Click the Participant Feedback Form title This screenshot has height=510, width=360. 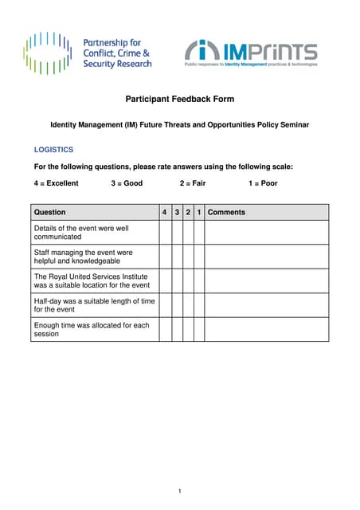(x=180, y=100)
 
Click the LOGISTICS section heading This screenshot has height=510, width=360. (x=53, y=149)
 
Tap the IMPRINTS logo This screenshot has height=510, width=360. (x=251, y=53)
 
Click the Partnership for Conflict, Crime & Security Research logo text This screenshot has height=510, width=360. (x=117, y=53)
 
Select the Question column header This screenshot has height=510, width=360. (x=50, y=213)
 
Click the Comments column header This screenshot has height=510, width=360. (x=226, y=213)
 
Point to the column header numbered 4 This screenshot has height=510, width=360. (x=165, y=213)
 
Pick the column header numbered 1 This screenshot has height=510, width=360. (x=199, y=213)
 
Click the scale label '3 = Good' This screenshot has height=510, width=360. (x=127, y=183)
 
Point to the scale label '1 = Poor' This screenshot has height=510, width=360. (x=263, y=183)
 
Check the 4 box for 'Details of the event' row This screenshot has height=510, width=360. (x=165, y=232)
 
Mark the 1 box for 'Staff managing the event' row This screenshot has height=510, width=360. (x=199, y=257)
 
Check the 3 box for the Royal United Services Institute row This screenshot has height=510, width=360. (x=177, y=280)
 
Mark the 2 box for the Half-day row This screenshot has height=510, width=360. (x=188, y=305)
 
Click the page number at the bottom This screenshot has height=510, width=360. (x=180, y=491)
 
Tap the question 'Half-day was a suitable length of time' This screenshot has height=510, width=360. (x=94, y=305)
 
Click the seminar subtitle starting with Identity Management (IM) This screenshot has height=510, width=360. (x=180, y=125)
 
